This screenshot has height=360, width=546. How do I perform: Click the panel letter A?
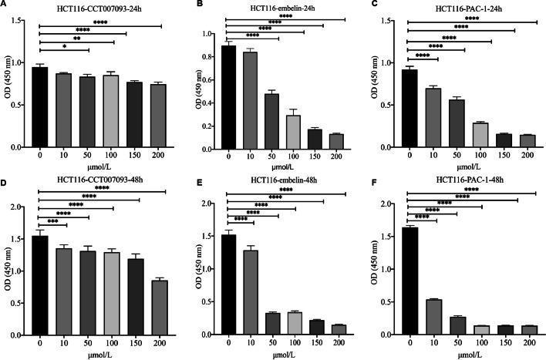coord(5,6)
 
